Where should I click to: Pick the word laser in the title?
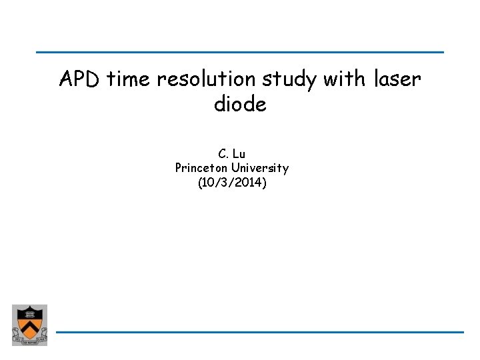point(397,80)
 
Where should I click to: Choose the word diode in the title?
point(240,105)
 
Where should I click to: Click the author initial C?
point(223,155)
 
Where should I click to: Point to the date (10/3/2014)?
point(232,181)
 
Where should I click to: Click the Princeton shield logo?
point(29,325)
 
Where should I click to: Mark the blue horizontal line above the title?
point(240,52)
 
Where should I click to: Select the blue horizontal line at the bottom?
point(260,332)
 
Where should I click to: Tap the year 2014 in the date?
point(247,181)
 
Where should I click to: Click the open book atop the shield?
point(29,313)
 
